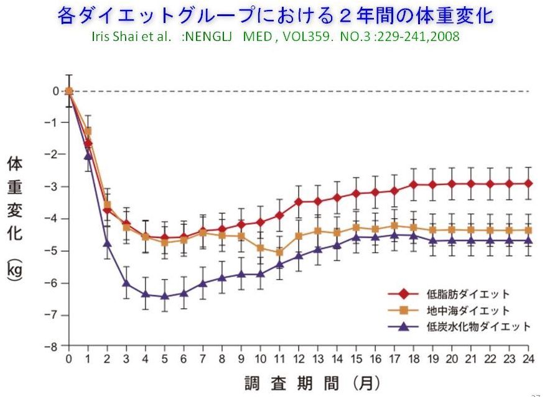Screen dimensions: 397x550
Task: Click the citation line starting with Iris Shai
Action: [274, 36]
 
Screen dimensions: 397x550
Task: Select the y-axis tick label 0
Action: [56, 91]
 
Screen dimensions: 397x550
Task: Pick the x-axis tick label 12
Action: [299, 359]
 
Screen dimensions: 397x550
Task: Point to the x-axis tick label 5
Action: [165, 359]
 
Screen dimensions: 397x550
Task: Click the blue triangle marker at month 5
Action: [165, 296]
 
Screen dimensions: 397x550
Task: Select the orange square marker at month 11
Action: [280, 252]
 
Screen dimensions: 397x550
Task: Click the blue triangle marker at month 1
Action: [88, 155]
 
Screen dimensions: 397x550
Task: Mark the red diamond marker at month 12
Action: [299, 201]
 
